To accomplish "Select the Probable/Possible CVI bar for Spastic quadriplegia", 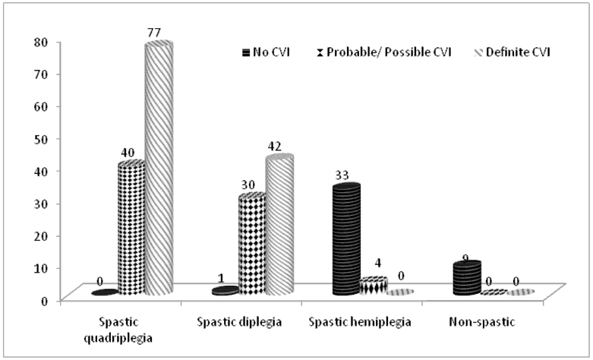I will coord(131,228).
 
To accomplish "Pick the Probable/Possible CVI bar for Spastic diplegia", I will coord(252,244).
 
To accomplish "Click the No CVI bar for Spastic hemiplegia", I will coord(346,239).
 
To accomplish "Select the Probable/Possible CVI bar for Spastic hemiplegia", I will coord(374,286).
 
